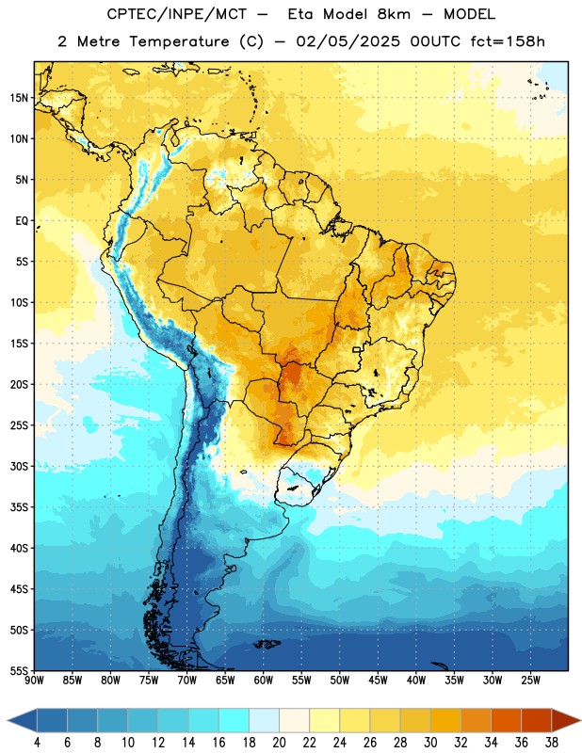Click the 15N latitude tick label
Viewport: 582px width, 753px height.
[19, 98]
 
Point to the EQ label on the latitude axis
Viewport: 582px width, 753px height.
[22, 221]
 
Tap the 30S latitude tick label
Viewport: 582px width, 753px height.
[19, 466]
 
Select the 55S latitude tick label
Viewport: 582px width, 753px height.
[19, 670]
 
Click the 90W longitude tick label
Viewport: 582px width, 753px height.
[34, 681]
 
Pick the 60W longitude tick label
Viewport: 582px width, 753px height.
[264, 681]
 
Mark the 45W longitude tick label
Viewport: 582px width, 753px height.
[378, 681]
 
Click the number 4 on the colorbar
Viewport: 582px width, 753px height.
[37, 743]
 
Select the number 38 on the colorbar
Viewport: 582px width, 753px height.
[551, 743]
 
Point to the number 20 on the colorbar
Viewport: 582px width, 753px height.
[279, 743]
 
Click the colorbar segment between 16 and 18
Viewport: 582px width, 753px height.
[234, 721]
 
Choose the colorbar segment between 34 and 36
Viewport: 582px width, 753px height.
[506, 721]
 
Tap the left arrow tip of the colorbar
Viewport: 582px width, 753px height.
[8, 721]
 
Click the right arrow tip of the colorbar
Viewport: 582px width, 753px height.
[580, 721]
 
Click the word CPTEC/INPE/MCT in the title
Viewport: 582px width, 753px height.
[177, 14]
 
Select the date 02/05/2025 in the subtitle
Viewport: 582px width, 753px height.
[348, 41]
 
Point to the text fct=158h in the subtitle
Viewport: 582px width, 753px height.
[508, 41]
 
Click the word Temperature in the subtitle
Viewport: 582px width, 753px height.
[179, 42]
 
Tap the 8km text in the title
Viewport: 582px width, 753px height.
[395, 14]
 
